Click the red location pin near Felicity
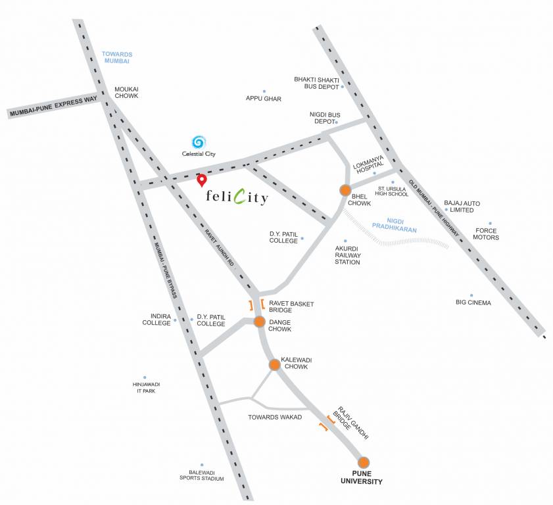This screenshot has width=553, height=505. (203, 179)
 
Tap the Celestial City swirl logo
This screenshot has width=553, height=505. (198, 141)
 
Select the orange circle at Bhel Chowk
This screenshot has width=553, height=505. (345, 190)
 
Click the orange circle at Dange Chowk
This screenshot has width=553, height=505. (259, 322)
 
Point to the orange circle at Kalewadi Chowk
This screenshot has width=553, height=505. (274, 364)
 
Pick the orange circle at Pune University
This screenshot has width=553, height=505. (364, 462)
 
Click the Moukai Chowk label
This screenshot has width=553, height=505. (126, 92)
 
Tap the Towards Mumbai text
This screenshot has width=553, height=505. (117, 57)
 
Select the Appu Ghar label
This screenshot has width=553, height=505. (264, 99)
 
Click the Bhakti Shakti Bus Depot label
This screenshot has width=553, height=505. (316, 83)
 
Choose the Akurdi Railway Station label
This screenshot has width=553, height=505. (347, 255)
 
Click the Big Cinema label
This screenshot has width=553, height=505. (473, 302)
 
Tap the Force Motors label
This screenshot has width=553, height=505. (487, 233)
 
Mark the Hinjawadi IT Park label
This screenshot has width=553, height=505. (145, 387)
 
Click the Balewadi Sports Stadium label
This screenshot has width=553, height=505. (202, 475)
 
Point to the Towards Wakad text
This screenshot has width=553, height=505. (275, 417)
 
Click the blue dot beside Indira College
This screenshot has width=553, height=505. (175, 320)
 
